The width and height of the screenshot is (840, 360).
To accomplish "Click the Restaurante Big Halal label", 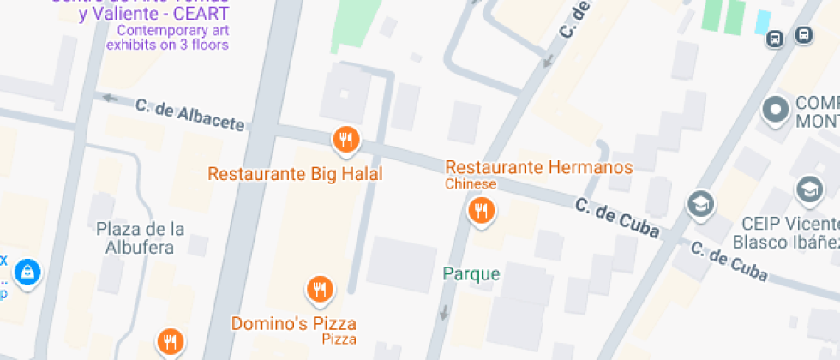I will tap(295, 174).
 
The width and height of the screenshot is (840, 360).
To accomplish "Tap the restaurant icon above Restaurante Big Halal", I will tap(345, 139).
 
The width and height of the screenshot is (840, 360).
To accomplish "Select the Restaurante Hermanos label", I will tap(539, 167).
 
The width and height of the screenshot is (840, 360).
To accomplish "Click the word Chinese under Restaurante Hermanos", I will tap(471, 184).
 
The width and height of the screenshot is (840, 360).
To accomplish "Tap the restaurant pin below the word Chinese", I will tap(481, 209).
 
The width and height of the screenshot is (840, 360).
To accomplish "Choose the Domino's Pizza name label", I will tap(294, 324).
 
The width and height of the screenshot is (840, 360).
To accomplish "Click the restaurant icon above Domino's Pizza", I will tap(320, 289).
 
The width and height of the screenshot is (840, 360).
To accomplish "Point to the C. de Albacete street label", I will tap(189, 115).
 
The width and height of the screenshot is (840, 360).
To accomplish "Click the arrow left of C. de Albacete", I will tap(110, 97).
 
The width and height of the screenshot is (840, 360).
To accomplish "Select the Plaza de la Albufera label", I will tap(141, 238).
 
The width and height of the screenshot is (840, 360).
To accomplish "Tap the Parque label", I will tap(471, 274).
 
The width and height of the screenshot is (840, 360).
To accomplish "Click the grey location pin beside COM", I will tap(776, 110).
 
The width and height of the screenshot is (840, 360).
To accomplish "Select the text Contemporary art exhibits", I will tap(167, 37).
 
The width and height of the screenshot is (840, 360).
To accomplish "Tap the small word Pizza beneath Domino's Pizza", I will tap(339, 340).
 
